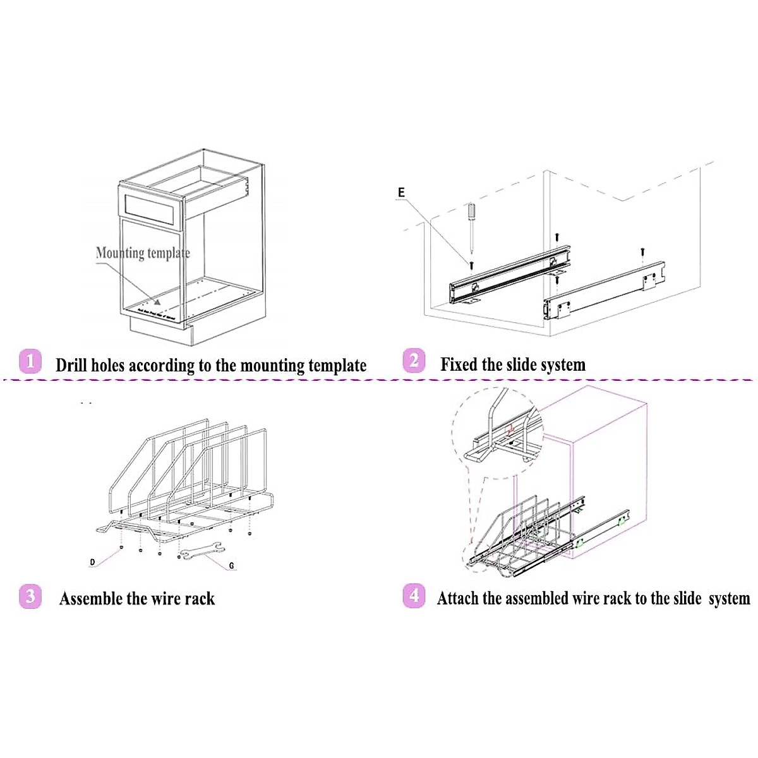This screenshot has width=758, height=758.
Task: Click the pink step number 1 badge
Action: (30, 362)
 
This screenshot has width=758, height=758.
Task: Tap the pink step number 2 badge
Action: (414, 361)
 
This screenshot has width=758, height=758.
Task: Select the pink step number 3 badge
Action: (30, 596)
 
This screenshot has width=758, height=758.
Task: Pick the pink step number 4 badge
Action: (414, 595)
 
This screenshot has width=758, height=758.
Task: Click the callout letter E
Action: (401, 193)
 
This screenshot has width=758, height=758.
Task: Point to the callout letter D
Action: (92, 562)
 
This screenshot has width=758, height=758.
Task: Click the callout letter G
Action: (232, 566)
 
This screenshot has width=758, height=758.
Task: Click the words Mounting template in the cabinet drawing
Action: (143, 253)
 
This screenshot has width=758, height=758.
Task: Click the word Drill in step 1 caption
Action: (71, 365)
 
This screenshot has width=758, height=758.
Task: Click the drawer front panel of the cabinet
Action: (152, 207)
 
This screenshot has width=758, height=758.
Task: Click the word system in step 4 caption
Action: (729, 599)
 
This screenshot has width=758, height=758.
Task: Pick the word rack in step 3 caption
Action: (200, 599)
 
